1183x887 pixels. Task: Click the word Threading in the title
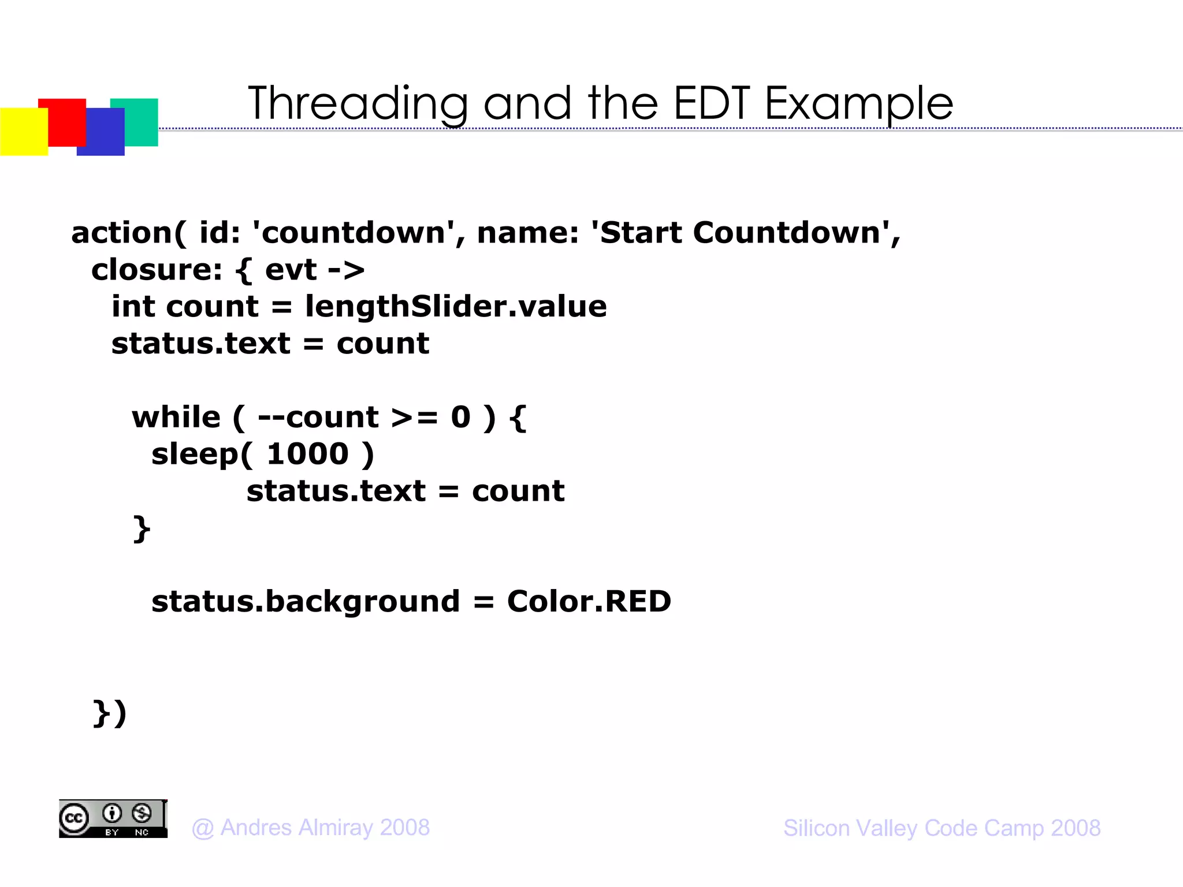358,104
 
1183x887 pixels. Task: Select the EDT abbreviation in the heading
711,104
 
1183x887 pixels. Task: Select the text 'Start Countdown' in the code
739,233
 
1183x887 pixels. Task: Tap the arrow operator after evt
345,270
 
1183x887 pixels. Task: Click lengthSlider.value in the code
456,307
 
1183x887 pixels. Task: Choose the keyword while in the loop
176,418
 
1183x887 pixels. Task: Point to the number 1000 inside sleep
308,454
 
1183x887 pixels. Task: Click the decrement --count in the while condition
318,418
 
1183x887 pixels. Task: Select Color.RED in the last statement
589,602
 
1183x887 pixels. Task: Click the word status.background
306,602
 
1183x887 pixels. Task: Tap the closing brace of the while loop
142,528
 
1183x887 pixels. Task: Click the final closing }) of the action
109,713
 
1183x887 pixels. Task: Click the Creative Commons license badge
113,818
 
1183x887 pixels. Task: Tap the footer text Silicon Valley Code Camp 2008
942,828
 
